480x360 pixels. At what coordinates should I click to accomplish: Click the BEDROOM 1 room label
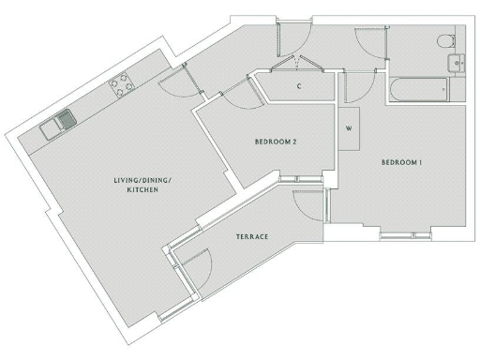402,163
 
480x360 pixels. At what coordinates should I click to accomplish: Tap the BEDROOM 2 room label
276,142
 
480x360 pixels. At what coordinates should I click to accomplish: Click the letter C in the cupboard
298,86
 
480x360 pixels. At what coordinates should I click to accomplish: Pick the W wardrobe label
349,128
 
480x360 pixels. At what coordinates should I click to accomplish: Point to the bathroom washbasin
457,64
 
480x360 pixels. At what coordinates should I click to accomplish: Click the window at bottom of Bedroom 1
405,230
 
